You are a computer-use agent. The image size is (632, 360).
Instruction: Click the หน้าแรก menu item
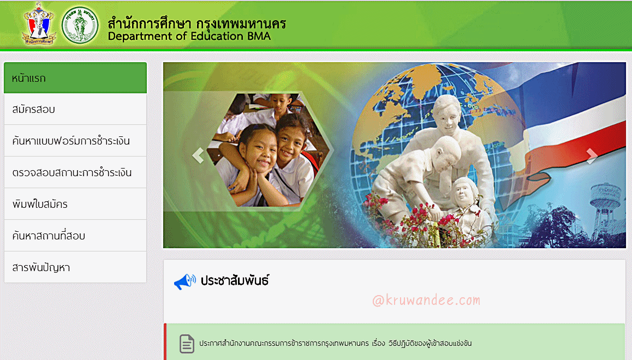tap(75, 77)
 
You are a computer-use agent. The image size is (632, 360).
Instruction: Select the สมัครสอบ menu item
tap(75, 109)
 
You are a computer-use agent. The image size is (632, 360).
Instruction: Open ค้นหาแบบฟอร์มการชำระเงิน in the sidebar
tap(75, 141)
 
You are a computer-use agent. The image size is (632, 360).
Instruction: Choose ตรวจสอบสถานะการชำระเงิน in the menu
tap(75, 172)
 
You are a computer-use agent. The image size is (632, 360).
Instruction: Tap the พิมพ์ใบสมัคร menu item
tap(75, 204)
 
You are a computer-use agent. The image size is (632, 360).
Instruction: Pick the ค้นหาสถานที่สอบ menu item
tap(75, 236)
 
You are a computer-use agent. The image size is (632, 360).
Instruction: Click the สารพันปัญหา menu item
tap(75, 267)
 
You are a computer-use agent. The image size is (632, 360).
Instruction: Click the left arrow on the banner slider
tap(198, 155)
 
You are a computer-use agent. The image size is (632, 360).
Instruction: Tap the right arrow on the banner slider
tap(592, 156)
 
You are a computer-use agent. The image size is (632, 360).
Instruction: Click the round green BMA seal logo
tap(80, 25)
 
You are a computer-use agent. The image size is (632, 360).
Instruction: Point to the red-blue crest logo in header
tap(39, 24)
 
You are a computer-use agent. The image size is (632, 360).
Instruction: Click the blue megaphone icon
tap(184, 281)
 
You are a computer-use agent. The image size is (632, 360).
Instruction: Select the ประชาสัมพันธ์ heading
tap(235, 280)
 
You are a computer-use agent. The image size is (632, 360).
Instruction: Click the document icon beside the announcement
tap(187, 344)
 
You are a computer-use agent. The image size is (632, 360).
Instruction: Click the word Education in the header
tap(217, 36)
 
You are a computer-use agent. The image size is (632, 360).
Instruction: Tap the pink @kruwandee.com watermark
tap(426, 301)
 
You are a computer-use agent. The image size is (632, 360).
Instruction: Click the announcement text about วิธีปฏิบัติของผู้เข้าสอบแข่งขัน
tap(335, 344)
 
